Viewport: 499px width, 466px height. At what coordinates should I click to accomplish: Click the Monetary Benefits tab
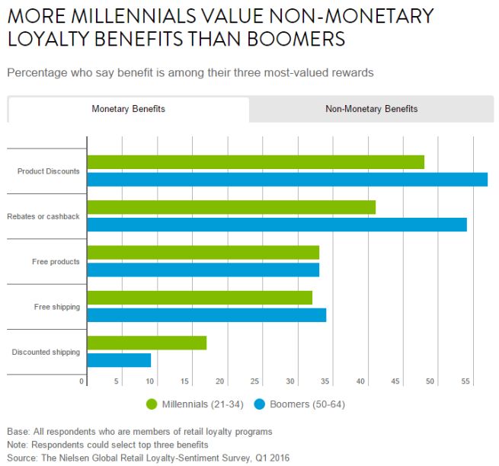(128, 109)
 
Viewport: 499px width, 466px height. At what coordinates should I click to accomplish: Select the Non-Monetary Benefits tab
(371, 109)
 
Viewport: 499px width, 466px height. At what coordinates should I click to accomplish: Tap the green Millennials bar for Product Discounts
(255, 162)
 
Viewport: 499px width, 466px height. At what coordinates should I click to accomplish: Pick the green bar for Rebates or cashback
(231, 207)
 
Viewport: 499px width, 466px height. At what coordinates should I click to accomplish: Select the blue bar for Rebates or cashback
(277, 225)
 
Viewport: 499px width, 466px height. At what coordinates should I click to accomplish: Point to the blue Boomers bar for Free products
(203, 270)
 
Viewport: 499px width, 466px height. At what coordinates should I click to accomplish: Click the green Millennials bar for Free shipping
(200, 298)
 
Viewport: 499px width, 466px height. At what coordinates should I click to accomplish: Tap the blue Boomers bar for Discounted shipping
(119, 360)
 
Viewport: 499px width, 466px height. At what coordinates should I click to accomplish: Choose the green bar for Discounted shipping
(146, 343)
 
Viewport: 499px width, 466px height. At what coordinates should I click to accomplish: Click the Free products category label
(56, 262)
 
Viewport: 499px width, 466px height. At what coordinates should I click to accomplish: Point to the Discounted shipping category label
(46, 352)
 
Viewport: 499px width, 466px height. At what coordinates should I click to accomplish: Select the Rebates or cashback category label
(43, 217)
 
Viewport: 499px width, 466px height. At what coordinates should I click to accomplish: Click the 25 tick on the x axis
(255, 381)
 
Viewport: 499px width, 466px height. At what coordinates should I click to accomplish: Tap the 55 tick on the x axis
(465, 381)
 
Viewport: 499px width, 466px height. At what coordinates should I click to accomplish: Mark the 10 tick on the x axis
(150, 381)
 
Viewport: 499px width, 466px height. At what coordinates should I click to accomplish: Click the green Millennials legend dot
(151, 404)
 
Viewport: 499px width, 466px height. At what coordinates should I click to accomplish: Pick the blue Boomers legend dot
(259, 404)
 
